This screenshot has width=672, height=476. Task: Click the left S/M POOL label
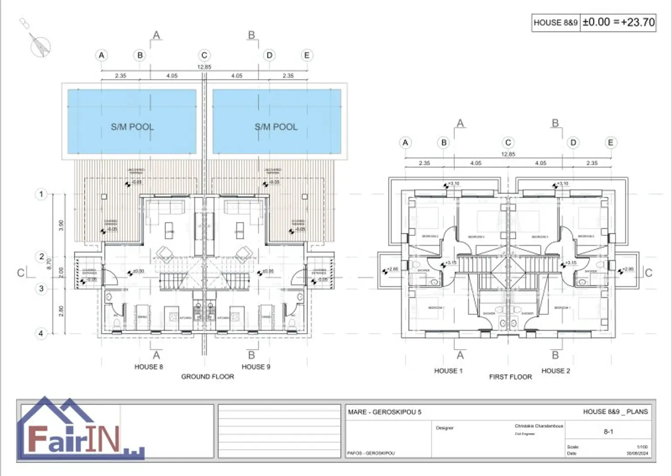coord(132,127)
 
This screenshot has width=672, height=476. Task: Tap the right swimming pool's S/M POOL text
coord(276,127)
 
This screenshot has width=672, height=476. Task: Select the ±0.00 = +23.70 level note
coord(619,22)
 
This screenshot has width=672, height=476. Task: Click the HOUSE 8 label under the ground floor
coord(149,367)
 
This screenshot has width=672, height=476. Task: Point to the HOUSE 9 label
coord(256,367)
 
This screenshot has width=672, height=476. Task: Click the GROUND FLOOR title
coord(207,377)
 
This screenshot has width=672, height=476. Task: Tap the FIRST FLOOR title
coord(511,377)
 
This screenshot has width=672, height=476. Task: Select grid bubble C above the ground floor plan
coord(204,56)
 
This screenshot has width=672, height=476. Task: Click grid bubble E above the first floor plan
coord(610,143)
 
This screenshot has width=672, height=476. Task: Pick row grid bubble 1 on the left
coord(41,194)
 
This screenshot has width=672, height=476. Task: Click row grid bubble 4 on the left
coord(41,333)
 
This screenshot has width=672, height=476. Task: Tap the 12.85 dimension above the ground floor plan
coord(204,67)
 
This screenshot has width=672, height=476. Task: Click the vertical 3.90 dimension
coord(61,225)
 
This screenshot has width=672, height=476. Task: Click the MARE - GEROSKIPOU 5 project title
coord(385,412)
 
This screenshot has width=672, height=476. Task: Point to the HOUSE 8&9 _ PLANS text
coord(615,412)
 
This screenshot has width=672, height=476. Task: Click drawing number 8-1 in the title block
coord(608,432)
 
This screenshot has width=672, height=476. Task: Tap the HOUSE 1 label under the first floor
coord(448,371)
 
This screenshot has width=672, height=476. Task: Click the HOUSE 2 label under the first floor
coord(556,371)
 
